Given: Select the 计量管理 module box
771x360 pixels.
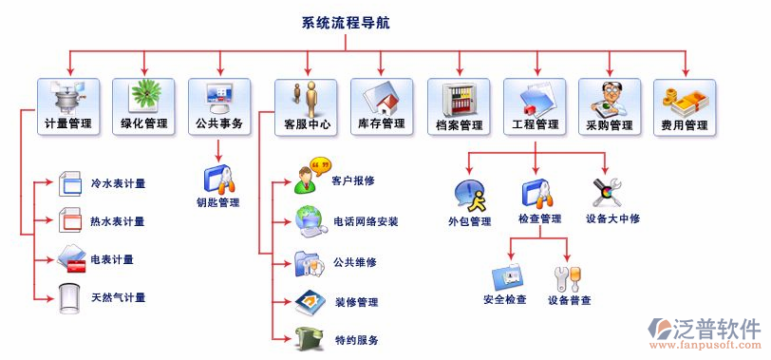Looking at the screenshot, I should [x=67, y=105].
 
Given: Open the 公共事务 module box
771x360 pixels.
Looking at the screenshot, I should [x=219, y=105].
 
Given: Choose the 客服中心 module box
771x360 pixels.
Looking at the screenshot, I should [x=306, y=105].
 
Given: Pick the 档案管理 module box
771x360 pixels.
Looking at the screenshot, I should [x=459, y=105].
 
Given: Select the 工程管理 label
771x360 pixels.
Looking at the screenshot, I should [x=536, y=124].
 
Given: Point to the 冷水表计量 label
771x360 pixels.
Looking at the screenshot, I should [x=118, y=183].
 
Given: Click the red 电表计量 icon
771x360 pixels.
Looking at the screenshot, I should [x=72, y=258].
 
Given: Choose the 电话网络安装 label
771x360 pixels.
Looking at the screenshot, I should [x=366, y=221].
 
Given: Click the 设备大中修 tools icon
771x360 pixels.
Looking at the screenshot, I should [x=606, y=192].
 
